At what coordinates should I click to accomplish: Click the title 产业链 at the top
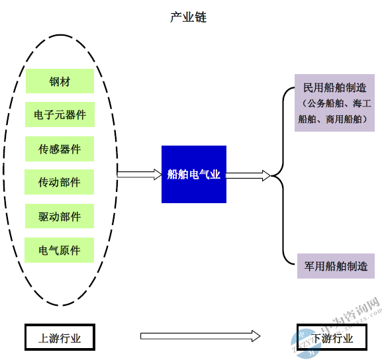(x=188, y=17)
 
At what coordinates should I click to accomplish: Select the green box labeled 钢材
(x=60, y=81)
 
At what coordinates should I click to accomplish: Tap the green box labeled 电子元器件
(x=60, y=114)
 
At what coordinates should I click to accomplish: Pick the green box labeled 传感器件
(x=60, y=149)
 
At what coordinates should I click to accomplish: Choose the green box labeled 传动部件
(x=60, y=182)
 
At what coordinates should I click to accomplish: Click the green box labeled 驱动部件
(x=60, y=216)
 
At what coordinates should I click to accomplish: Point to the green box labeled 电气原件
(x=60, y=250)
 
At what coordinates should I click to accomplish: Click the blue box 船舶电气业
(x=194, y=175)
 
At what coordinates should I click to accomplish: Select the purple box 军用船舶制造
(x=336, y=266)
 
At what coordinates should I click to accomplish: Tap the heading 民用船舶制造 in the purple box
(x=335, y=88)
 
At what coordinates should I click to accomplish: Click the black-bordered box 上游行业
(x=60, y=337)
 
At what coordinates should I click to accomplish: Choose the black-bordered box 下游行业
(x=332, y=337)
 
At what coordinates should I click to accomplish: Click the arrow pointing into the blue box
(x=139, y=175)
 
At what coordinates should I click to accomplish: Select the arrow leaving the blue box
(x=248, y=175)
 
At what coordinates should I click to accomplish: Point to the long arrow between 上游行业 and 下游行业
(x=200, y=336)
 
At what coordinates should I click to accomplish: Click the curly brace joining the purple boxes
(x=283, y=175)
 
